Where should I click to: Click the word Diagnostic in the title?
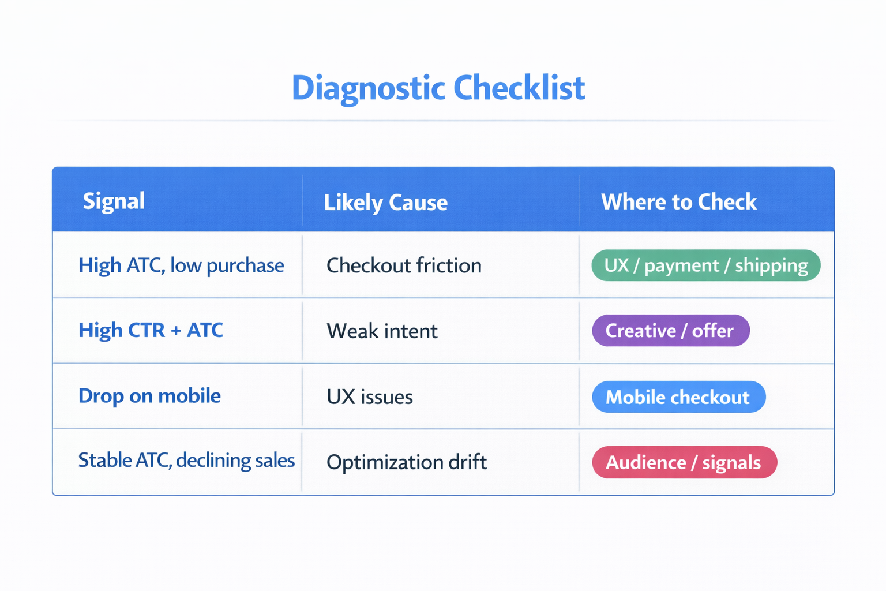tap(369, 88)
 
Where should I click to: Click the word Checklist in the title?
tap(519, 88)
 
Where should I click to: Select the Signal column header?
tap(114, 201)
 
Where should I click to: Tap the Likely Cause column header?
tap(385, 203)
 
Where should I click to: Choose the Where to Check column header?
tap(678, 202)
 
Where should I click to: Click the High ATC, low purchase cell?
tap(181, 265)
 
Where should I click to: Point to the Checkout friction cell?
tap(404, 265)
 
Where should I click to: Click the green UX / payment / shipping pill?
tap(705, 265)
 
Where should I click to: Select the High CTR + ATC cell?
tap(151, 330)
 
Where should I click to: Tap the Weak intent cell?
tap(382, 331)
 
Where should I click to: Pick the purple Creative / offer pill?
tap(670, 331)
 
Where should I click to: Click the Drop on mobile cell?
tap(149, 396)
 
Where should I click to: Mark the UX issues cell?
tap(370, 397)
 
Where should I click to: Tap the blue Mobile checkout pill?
tap(678, 397)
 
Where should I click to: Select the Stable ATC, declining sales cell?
tap(186, 461)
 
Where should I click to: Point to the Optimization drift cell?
tap(407, 462)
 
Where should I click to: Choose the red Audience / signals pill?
tap(684, 462)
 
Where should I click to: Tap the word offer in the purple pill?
tap(713, 331)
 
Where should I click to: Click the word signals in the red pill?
tap(731, 462)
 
